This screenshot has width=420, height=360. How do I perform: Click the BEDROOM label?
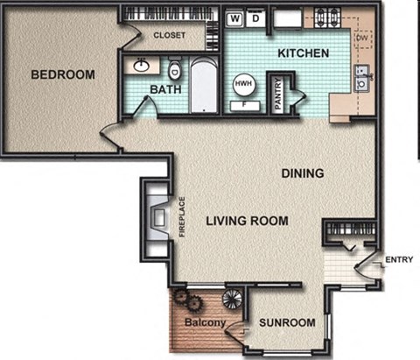click(x=62, y=74)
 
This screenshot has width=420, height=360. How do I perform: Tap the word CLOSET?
click(x=169, y=36)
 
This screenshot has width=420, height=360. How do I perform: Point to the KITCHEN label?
click(x=303, y=53)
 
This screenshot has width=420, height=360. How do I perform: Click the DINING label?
click(x=303, y=173)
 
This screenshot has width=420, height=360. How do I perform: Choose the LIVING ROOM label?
click(x=247, y=221)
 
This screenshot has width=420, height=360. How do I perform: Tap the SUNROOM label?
click(x=287, y=323)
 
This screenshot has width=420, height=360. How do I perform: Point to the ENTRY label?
click(x=399, y=258)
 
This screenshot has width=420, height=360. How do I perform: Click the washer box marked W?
click(x=235, y=18)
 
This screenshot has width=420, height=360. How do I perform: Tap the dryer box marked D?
click(x=255, y=18)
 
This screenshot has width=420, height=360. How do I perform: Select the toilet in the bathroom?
click(x=175, y=67)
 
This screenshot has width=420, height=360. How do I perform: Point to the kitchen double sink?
click(x=361, y=78)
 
